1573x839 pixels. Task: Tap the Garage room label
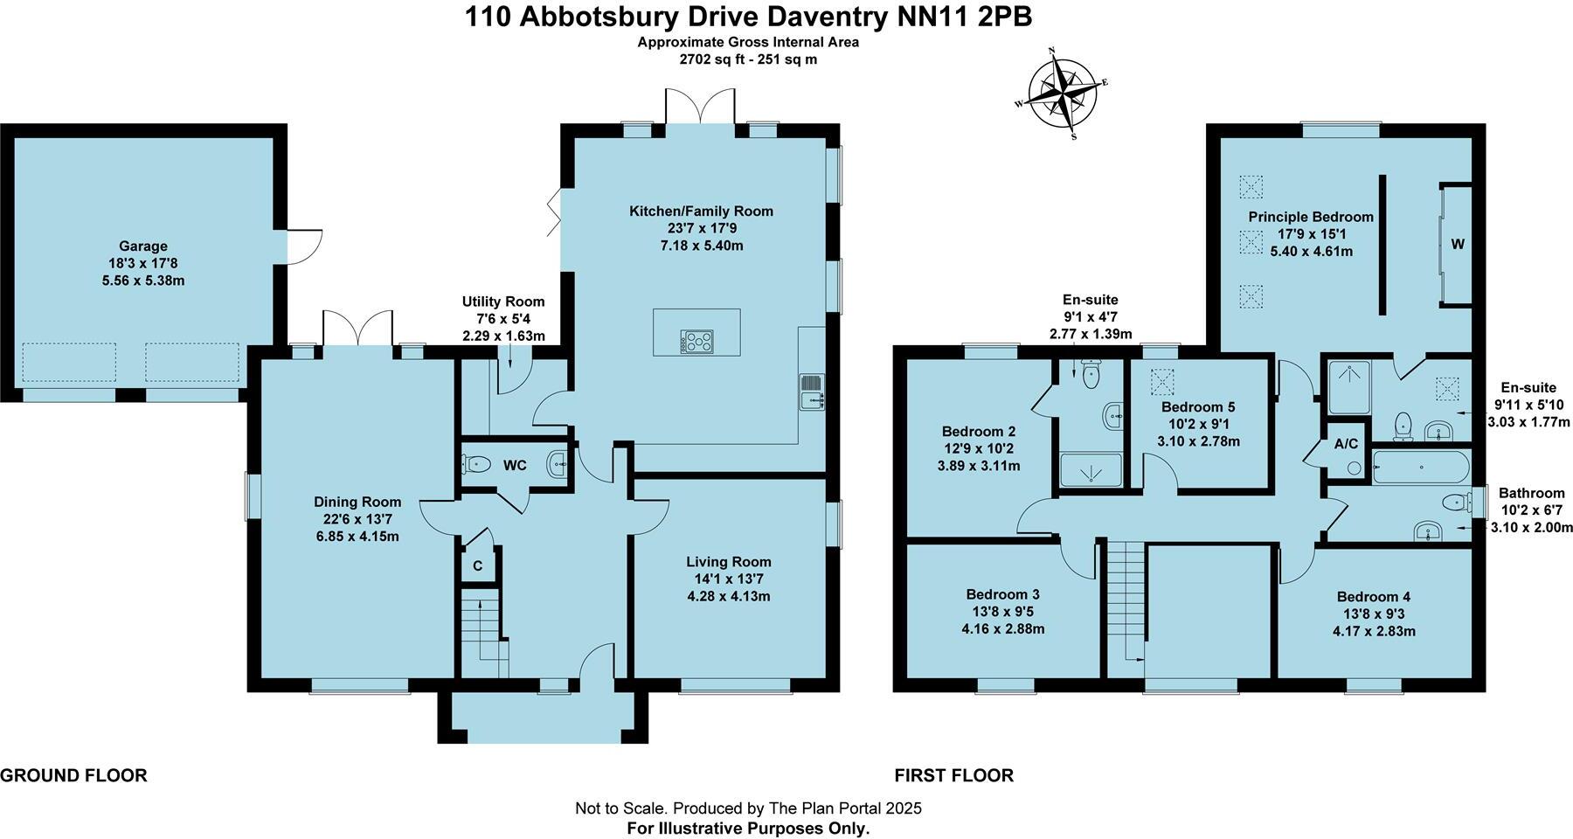pos(143,246)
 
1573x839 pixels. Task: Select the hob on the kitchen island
pos(696,342)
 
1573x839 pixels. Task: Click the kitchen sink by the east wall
pos(810,392)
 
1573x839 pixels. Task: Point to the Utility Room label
pos(502,302)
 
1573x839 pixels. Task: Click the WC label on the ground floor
pos(515,466)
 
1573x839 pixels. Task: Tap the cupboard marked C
pos(478,566)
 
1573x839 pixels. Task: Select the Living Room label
pos(728,562)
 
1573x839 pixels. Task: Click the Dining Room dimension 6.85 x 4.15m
pos(357,536)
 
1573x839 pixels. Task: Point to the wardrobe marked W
pos(1457,245)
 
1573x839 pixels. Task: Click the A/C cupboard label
pos(1346,444)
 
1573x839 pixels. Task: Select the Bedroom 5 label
pos(1198,407)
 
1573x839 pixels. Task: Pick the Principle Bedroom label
pos(1311,217)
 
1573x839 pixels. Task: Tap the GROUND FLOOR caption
pos(73,775)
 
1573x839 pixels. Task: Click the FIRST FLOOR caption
pos(953,775)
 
